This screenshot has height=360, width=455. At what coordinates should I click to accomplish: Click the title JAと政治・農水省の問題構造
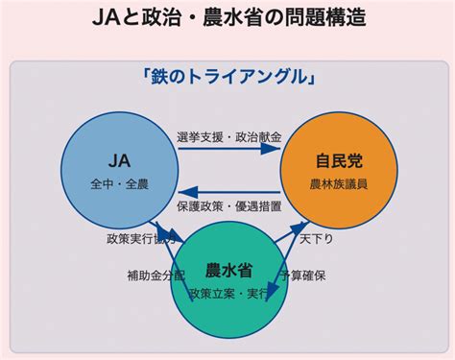click(228, 19)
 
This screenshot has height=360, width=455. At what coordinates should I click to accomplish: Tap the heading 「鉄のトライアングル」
click(228, 78)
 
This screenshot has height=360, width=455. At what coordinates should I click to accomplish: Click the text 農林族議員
click(339, 182)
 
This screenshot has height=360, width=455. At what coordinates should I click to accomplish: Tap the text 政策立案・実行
click(229, 292)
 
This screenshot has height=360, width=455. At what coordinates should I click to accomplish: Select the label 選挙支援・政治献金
click(228, 137)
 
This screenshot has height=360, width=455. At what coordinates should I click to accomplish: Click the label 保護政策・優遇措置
click(228, 205)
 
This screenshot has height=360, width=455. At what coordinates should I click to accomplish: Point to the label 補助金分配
click(152, 276)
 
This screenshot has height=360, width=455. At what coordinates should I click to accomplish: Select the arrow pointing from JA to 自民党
click(228, 153)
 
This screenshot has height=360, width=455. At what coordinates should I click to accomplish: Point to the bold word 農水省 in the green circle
click(229, 270)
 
